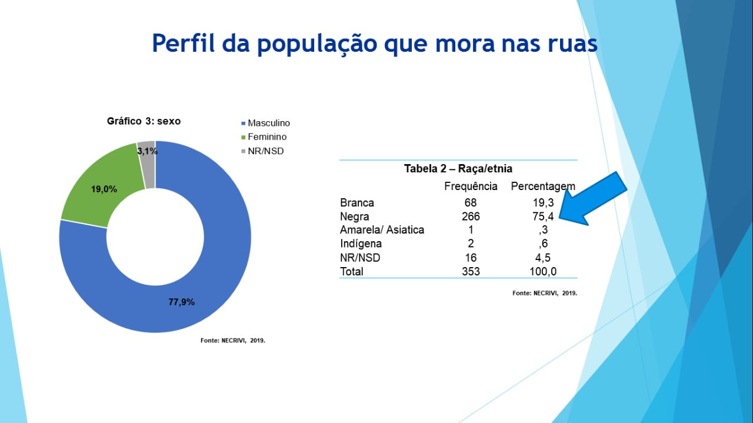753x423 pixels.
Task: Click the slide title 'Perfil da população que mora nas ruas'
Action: tap(375, 44)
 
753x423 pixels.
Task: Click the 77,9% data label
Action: tap(182, 302)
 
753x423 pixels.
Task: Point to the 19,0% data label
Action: tap(104, 189)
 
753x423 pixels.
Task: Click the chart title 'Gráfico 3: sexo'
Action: tap(144, 121)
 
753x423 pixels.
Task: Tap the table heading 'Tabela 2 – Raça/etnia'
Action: tap(458, 169)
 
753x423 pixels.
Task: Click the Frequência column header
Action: tap(471, 186)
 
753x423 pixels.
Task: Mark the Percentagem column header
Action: tap(542, 186)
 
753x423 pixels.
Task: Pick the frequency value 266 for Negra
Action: tap(471, 217)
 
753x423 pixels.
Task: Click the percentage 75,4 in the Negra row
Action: tap(542, 217)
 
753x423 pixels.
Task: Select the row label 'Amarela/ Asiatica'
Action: tap(382, 230)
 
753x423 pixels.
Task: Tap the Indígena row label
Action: tap(361, 244)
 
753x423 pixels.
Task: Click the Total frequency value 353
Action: tap(471, 271)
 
